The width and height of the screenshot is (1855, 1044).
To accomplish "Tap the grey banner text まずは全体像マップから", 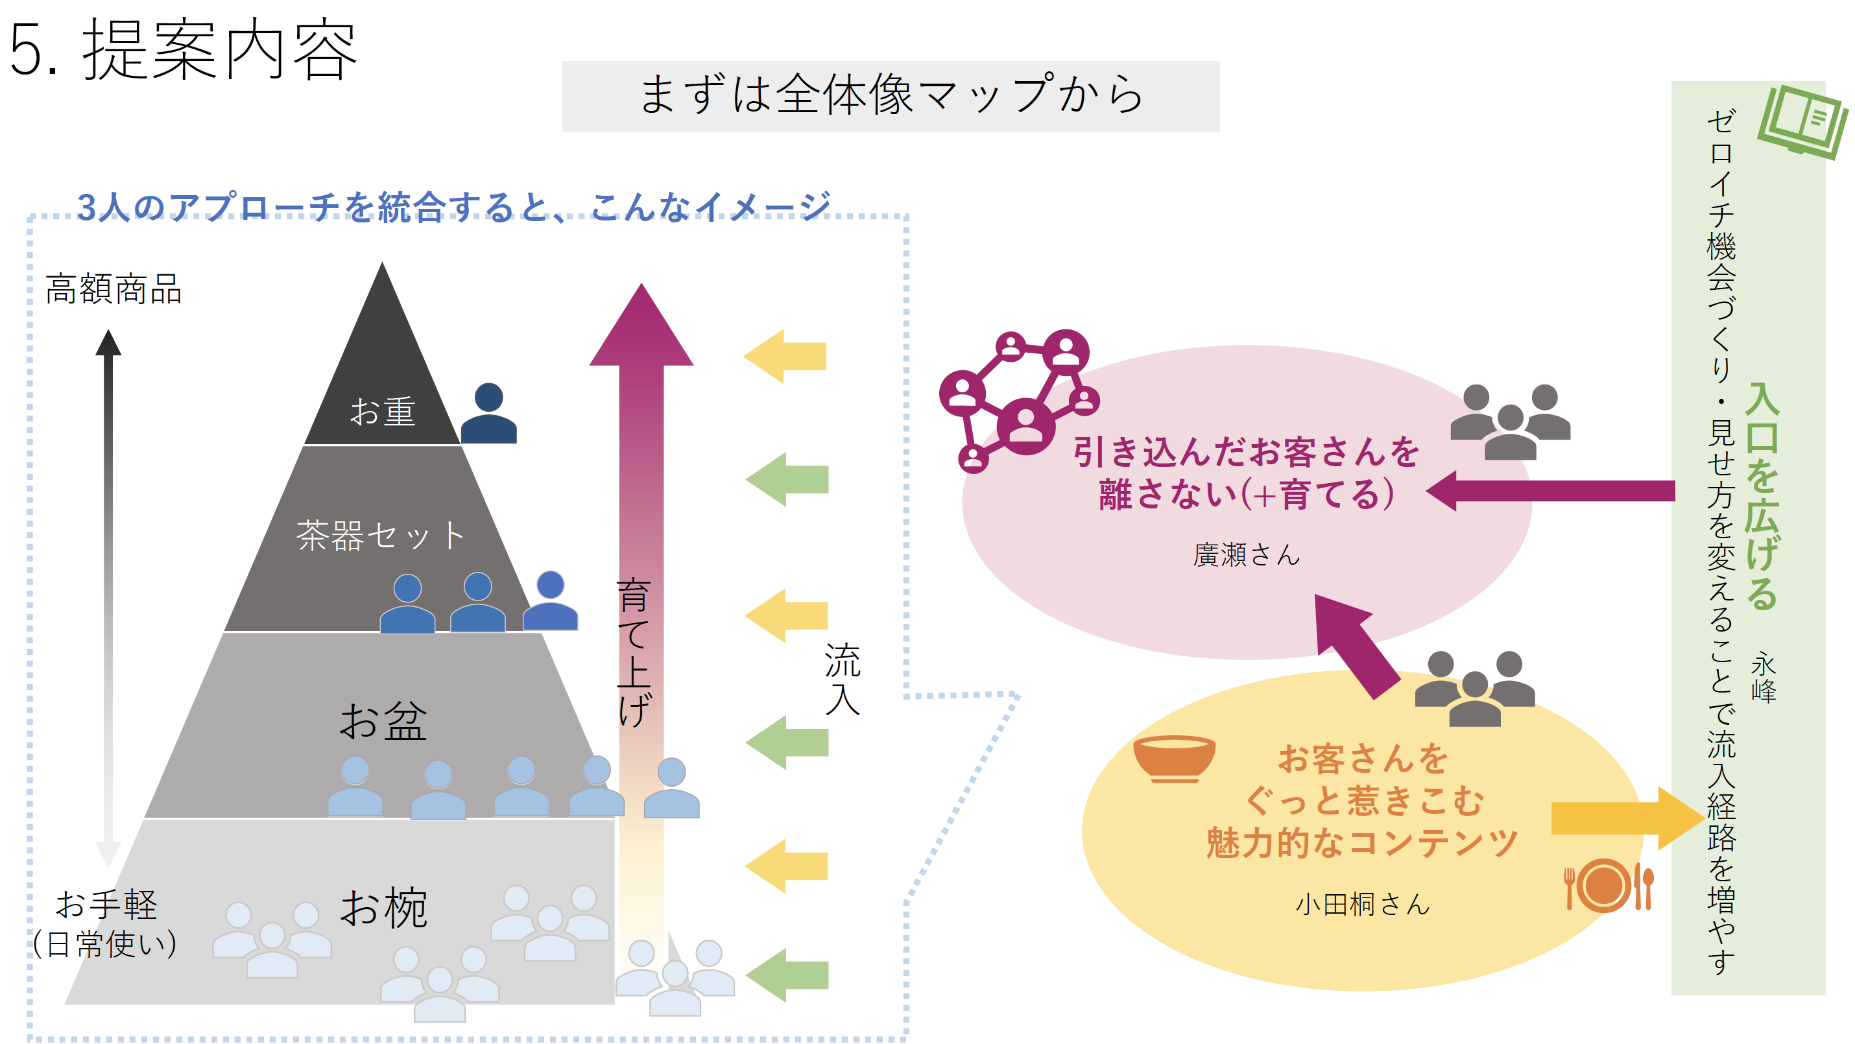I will tap(890, 95).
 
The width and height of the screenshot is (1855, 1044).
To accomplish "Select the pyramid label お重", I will tap(383, 412).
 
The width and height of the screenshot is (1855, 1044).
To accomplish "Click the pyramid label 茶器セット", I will tap(380, 536).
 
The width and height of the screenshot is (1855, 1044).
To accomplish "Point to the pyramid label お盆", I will tap(383, 722).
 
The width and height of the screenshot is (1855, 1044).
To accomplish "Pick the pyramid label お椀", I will tap(384, 908).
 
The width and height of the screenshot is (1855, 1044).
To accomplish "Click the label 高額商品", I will tap(113, 289).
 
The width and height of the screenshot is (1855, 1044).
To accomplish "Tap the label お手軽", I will tap(106, 905).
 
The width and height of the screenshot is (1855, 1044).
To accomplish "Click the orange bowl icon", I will tap(1174, 758).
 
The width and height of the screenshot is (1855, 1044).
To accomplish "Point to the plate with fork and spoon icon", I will tap(1609, 886).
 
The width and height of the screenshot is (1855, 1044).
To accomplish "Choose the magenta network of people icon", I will tap(1019, 399).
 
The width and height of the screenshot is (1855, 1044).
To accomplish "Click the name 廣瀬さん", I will tap(1246, 555).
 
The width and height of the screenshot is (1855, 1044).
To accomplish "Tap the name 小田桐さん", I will tap(1361, 905).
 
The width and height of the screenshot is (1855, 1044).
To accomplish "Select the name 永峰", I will tap(1764, 677).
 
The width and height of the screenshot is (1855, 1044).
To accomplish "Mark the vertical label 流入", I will tap(842, 679).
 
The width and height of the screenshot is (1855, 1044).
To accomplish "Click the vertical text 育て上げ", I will tap(634, 652).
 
